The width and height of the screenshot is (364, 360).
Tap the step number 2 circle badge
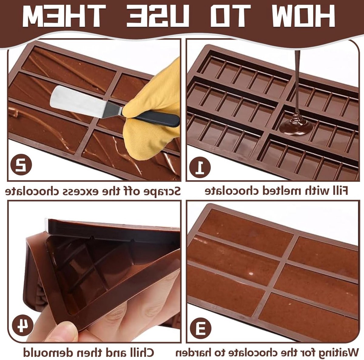21,165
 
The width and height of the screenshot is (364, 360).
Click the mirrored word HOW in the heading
304,16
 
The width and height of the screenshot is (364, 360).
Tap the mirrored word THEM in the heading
64,16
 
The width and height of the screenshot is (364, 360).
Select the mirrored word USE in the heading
157,16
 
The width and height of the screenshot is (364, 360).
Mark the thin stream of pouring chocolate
297,81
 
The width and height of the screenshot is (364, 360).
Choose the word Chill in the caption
140,347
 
